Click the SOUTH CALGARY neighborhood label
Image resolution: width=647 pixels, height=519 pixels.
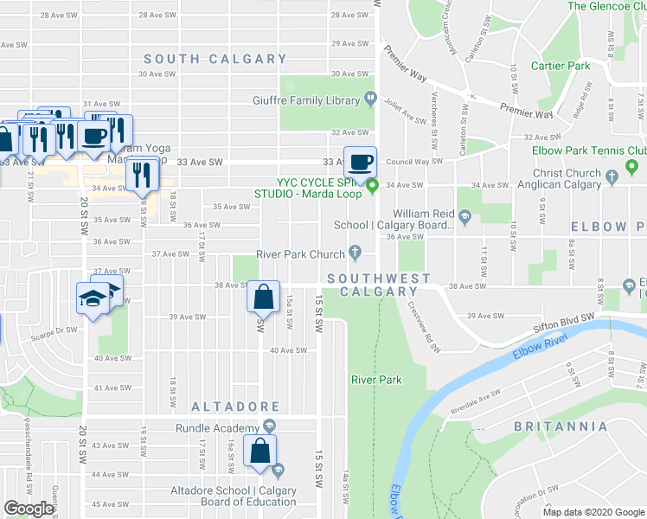point(215,59)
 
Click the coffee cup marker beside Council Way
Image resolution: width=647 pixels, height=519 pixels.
point(361,161)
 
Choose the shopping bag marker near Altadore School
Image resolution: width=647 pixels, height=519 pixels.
point(260,451)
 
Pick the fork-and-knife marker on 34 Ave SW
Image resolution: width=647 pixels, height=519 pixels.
point(141,175)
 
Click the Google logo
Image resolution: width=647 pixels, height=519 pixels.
point(29,509)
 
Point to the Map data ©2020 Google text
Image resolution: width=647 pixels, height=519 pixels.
point(593,512)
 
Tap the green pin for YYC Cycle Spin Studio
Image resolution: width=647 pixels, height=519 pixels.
point(373,185)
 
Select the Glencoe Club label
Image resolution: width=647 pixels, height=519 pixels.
point(606,6)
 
